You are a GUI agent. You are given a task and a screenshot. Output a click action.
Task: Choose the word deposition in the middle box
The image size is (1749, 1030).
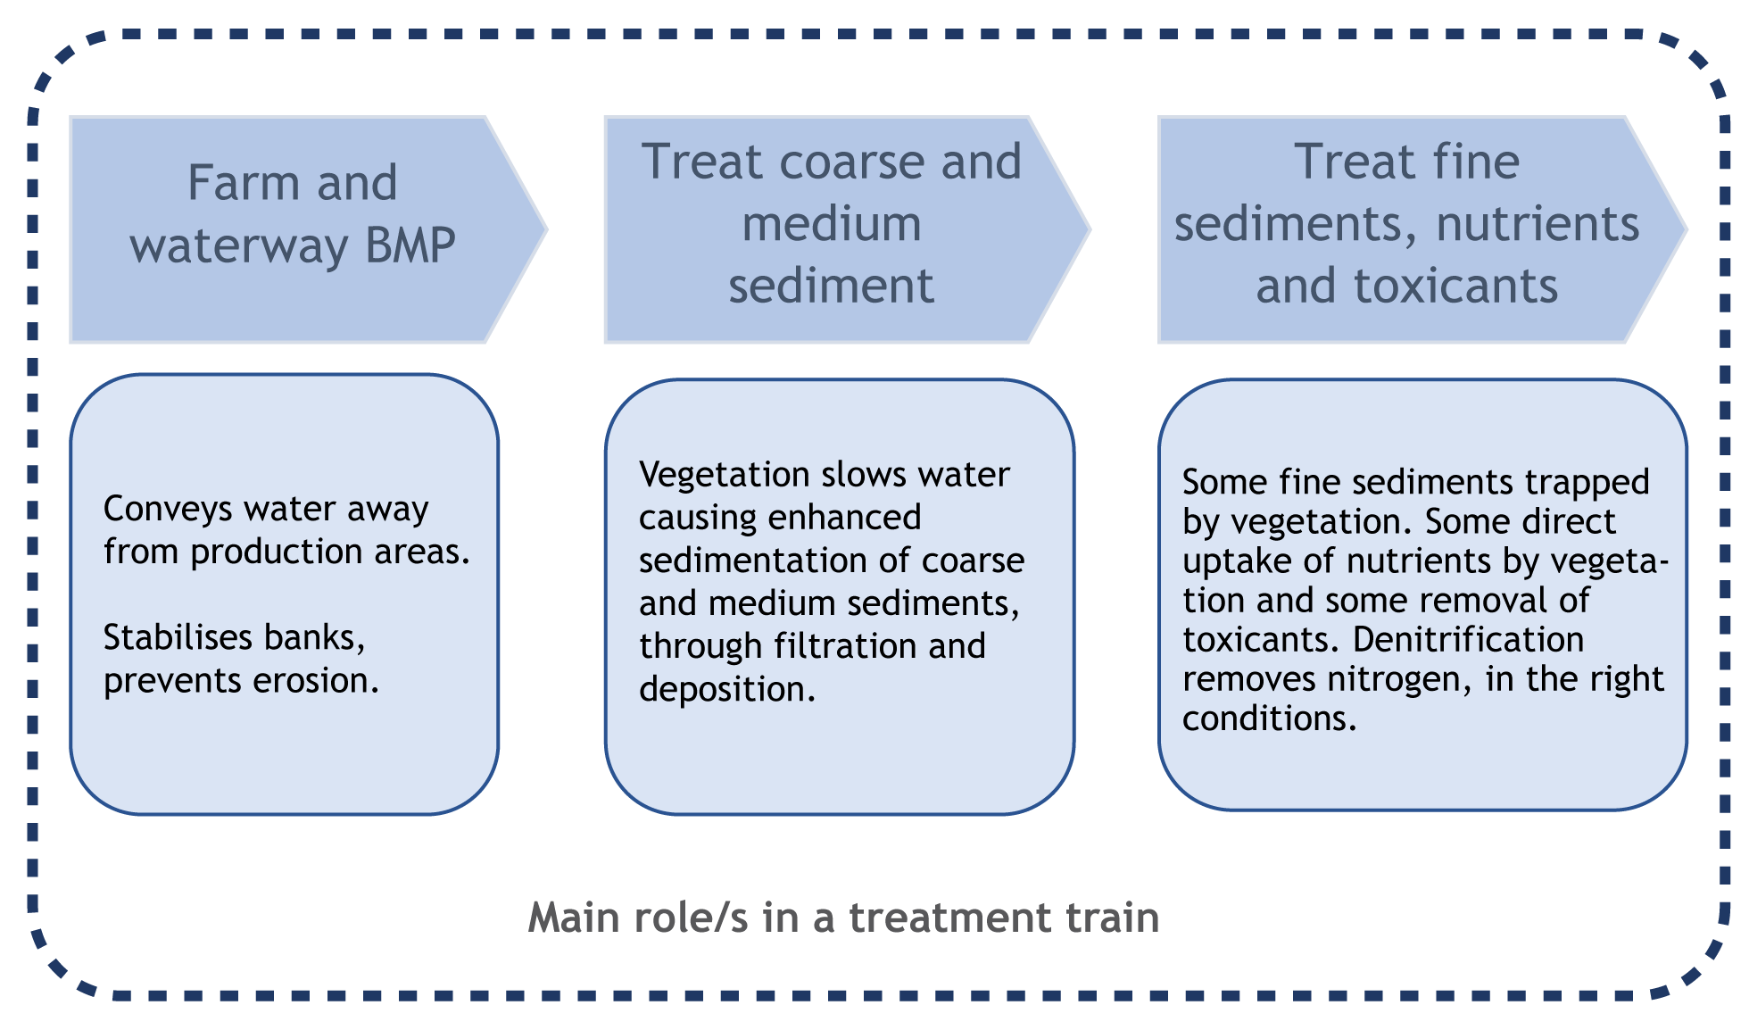727,689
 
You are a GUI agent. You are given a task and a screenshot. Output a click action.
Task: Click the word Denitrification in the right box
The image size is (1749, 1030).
1468,640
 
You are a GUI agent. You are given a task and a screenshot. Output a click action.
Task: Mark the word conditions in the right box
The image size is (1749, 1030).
1269,719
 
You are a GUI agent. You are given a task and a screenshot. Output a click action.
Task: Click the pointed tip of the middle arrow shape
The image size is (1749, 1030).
1088,229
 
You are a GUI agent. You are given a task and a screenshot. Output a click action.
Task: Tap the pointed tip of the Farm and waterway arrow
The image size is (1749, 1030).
544,229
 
